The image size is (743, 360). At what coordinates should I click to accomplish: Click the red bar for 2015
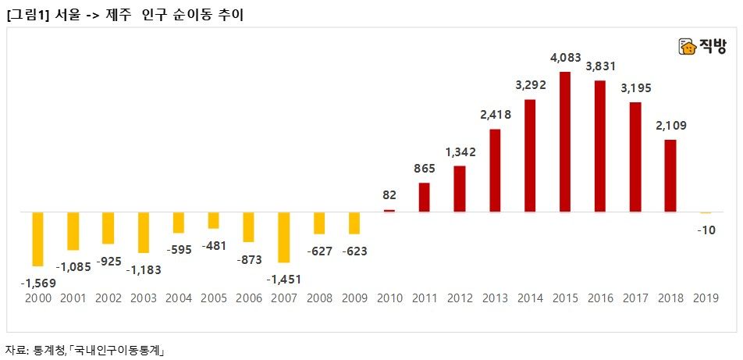pos(565,141)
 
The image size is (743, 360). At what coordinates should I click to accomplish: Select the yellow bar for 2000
pos(37,239)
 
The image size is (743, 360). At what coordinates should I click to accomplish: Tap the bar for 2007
pos(284,237)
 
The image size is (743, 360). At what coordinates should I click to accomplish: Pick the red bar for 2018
pos(670,176)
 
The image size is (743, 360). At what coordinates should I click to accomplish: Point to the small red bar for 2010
pos(389,211)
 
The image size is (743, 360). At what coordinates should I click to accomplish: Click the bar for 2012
pos(460,188)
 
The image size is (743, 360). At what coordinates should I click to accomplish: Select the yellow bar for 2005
pos(213,220)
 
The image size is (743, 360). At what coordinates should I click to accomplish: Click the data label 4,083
pos(565,58)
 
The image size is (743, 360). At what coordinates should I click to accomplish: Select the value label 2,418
pos(494,115)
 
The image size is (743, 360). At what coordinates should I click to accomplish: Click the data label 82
pos(389,195)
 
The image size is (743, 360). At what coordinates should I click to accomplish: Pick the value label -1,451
pos(283,279)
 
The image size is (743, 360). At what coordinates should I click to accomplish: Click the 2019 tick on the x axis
pos(706,299)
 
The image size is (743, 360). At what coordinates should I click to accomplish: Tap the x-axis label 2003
pos(143,299)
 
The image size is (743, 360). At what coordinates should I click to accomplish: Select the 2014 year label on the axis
pos(530,299)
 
